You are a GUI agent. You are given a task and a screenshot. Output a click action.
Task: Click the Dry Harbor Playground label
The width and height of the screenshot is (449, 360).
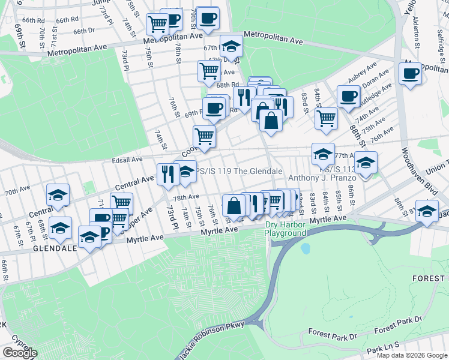286,229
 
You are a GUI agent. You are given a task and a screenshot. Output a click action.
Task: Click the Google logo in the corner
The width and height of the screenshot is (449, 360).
20,353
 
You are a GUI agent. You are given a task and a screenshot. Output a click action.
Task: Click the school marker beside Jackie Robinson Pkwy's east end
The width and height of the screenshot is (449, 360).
427,212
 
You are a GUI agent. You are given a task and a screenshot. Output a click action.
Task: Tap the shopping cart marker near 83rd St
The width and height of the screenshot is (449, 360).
326,118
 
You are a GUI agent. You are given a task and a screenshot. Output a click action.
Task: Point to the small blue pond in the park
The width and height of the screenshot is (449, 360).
306,248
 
